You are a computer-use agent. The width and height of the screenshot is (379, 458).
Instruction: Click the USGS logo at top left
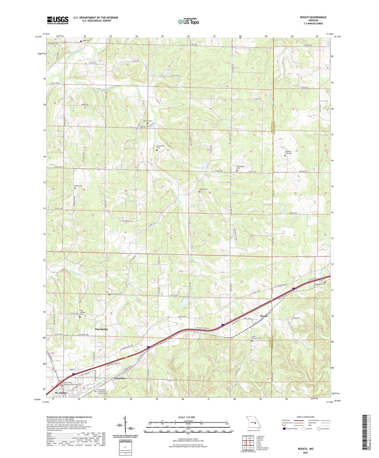57,20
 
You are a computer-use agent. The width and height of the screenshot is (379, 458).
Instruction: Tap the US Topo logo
188,22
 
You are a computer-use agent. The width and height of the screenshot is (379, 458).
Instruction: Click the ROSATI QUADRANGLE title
312,17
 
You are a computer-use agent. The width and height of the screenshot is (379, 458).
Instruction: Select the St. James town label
61,393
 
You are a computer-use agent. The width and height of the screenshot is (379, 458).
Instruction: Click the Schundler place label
120,378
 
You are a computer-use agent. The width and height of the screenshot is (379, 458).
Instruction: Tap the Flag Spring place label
101,329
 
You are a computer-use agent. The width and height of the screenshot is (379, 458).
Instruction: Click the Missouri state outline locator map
253,424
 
